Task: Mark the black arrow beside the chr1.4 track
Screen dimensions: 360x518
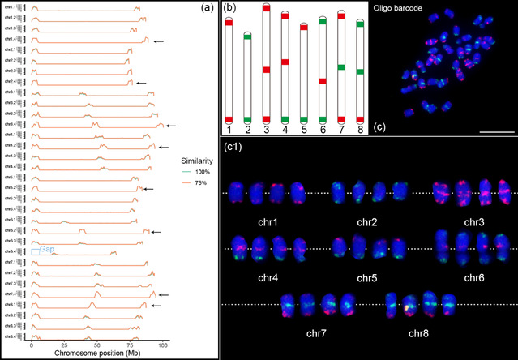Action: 159,41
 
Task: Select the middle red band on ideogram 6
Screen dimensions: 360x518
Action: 323,81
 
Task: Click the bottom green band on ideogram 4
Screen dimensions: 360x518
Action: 285,120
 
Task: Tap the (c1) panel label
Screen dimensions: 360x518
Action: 233,148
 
